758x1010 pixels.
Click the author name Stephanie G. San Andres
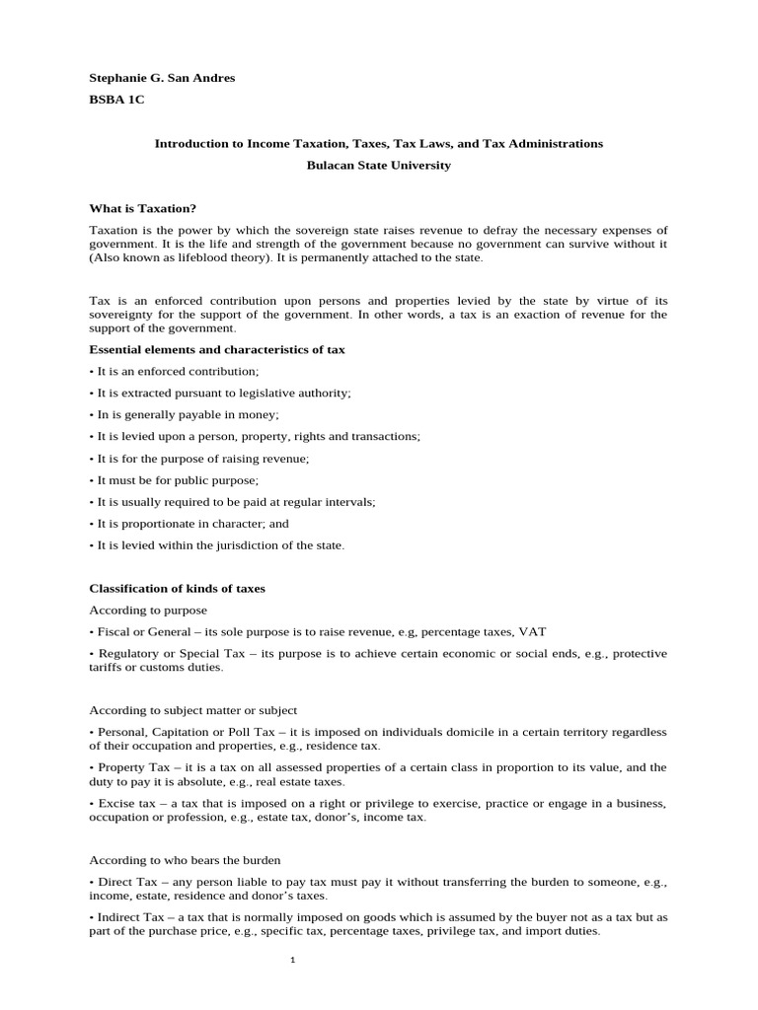162,78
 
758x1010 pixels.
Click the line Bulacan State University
378,166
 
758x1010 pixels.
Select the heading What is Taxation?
143,208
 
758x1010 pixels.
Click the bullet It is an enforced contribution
175,371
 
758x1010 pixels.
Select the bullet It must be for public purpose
175,479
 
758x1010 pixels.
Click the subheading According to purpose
148,610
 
